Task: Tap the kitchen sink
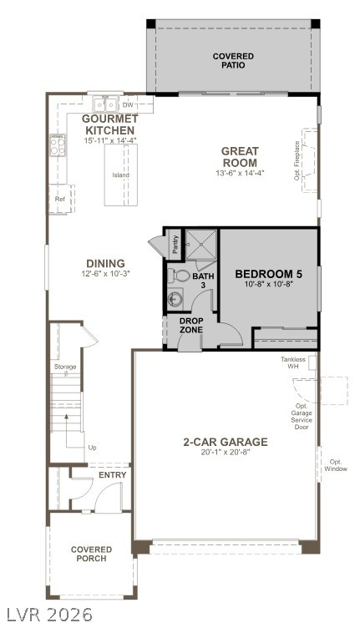105,104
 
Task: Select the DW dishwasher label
128,105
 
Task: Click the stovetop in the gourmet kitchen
58,145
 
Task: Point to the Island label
120,175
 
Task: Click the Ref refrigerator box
61,199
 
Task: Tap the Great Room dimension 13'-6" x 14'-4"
240,173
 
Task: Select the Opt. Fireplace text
297,160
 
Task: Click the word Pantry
175,245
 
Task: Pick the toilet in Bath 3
179,276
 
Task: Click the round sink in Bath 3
175,299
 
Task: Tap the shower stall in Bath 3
201,245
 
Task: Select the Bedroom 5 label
268,274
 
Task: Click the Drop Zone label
191,325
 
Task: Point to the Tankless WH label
292,363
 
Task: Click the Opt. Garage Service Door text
302,417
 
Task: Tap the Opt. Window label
336,465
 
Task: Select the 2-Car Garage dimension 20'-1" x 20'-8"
226,452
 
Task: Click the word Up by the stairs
92,448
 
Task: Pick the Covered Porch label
91,554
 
